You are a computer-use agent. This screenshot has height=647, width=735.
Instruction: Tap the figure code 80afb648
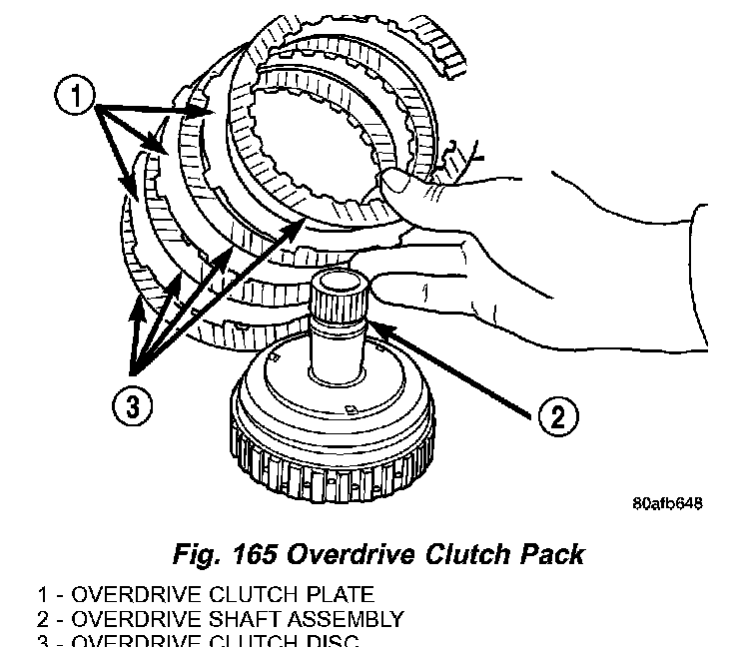click(667, 503)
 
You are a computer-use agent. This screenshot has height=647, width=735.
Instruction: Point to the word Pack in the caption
click(548, 552)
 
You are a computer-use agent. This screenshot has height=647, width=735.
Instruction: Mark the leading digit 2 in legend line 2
click(42, 619)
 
